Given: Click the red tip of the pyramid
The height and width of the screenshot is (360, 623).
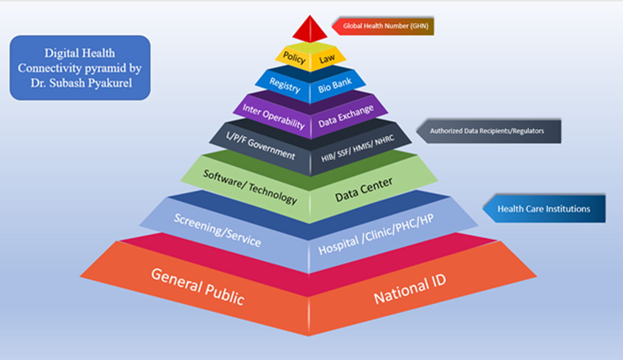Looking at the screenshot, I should [310, 31].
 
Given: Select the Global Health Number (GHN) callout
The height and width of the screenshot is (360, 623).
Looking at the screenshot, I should [385, 26].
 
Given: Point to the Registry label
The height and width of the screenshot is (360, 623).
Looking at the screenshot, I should [285, 85].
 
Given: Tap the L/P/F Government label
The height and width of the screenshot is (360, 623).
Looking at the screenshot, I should [260, 145].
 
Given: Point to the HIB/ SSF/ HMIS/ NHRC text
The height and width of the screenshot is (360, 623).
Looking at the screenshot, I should [358, 149].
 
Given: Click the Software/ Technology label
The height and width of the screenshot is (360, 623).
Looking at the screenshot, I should [250, 187].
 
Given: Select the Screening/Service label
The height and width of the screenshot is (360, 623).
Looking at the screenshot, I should [217, 230].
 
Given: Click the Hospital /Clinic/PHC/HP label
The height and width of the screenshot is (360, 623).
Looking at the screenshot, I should [376, 234].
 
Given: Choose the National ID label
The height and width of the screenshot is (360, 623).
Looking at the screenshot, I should [410, 289].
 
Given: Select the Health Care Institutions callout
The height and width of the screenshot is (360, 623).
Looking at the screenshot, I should [544, 209].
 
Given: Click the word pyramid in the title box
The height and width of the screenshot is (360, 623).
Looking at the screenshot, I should [106, 68].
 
